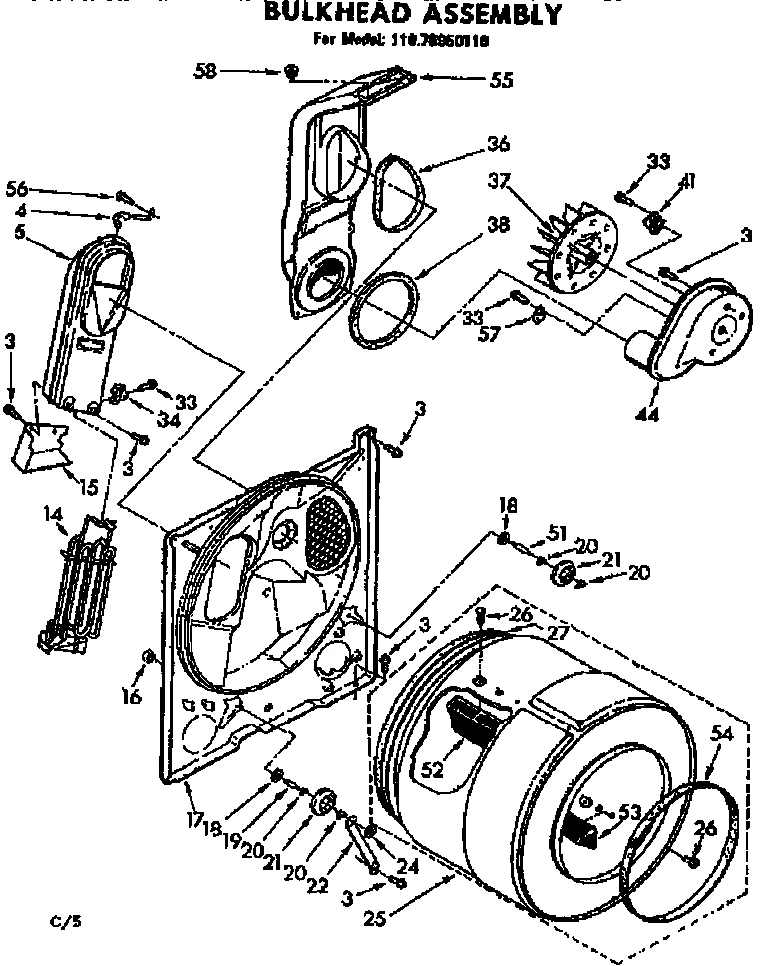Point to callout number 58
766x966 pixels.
coord(206,71)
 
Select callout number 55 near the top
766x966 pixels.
coord(502,79)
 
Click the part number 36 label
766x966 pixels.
coord(498,143)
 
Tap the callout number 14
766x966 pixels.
coord(51,516)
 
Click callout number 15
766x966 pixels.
coord(88,488)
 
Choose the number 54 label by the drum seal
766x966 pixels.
coord(721,734)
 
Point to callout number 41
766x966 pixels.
coord(688,181)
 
